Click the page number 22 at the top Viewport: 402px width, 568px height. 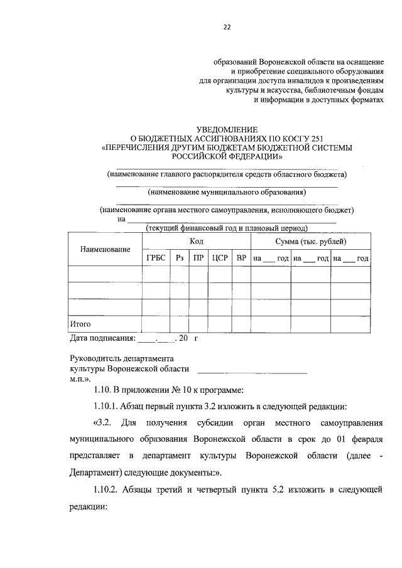[x=227, y=26]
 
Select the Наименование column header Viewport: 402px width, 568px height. [x=105, y=249]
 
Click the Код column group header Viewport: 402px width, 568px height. [x=196, y=241]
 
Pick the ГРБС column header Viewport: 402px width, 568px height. [x=156, y=258]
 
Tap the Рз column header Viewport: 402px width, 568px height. [x=180, y=258]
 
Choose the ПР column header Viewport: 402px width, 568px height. [x=198, y=258]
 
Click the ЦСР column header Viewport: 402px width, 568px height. [x=219, y=258]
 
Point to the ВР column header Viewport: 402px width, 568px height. [x=241, y=258]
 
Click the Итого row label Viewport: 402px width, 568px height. [x=80, y=324]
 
